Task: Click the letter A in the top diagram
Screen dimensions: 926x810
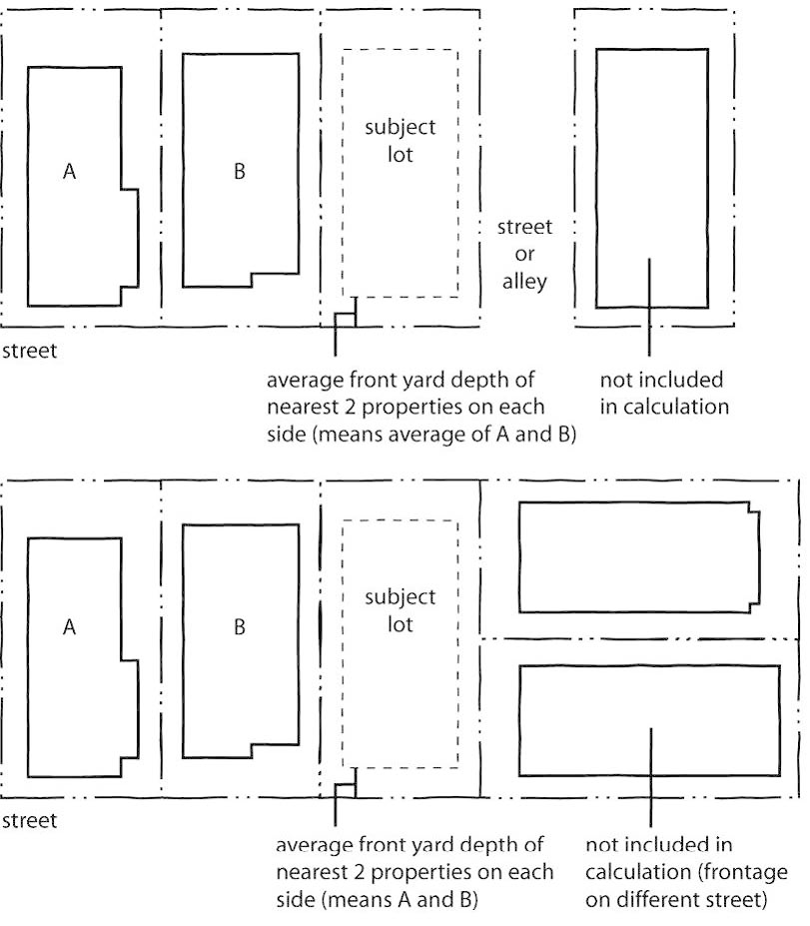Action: click(x=69, y=172)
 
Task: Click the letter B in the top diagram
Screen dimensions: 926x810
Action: click(x=239, y=172)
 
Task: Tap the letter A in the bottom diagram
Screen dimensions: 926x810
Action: click(x=69, y=627)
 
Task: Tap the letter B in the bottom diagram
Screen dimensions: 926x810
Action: click(x=239, y=627)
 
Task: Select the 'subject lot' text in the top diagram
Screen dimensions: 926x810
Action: click(x=400, y=141)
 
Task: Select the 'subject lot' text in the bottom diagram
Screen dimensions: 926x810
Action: click(x=400, y=610)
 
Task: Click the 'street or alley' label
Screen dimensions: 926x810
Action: click(x=524, y=254)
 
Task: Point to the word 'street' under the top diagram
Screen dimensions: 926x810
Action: click(x=29, y=351)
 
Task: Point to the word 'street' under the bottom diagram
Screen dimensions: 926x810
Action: click(x=29, y=821)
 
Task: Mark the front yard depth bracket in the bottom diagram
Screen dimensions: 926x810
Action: click(x=346, y=789)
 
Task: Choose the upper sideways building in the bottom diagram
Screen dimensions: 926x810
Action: click(x=636, y=556)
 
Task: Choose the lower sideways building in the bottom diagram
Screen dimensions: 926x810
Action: click(x=649, y=719)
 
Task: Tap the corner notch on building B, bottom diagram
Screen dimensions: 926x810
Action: click(x=275, y=750)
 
